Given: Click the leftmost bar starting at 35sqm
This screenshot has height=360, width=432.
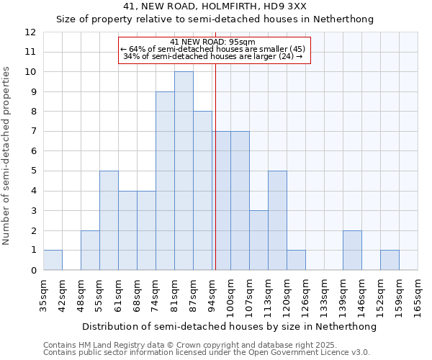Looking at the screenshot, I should tap(53, 260).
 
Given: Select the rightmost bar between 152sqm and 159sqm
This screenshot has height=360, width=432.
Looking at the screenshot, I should tap(390, 260).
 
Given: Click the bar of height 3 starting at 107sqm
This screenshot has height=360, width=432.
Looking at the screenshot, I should tap(258, 240).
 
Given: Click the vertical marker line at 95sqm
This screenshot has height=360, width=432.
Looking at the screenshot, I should tap(215, 166).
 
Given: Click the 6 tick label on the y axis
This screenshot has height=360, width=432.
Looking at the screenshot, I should tap(33, 151).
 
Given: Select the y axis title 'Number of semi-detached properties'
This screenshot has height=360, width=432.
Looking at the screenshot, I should tap(6, 156).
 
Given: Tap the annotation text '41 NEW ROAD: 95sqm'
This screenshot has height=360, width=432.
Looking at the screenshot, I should tap(213, 42).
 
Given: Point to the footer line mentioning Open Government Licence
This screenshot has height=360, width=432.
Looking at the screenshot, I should tap(207, 353).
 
